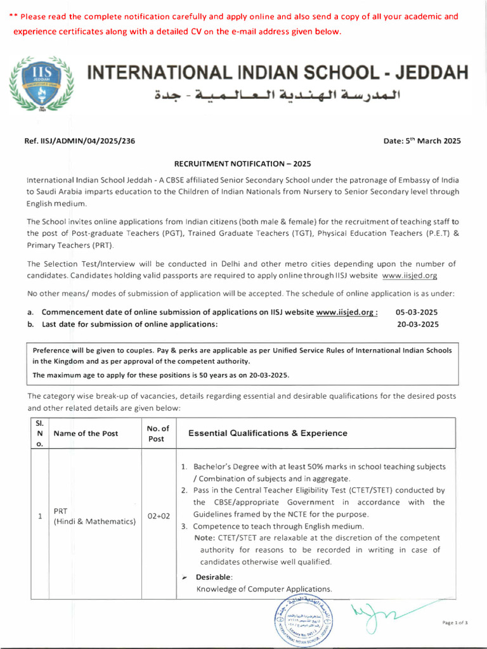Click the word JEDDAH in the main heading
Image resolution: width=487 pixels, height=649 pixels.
point(429,72)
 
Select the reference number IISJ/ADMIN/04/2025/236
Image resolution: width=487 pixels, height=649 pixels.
point(79,141)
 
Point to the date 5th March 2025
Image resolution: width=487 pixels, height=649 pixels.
point(422,141)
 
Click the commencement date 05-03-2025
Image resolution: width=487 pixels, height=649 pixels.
point(417,312)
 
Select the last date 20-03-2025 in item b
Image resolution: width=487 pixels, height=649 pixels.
point(417,324)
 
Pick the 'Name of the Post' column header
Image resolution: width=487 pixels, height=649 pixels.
point(86,434)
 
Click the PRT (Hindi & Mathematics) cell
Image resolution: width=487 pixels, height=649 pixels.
point(94,517)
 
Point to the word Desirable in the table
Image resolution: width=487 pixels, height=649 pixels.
point(214,577)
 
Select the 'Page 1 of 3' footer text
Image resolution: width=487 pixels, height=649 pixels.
point(455,623)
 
